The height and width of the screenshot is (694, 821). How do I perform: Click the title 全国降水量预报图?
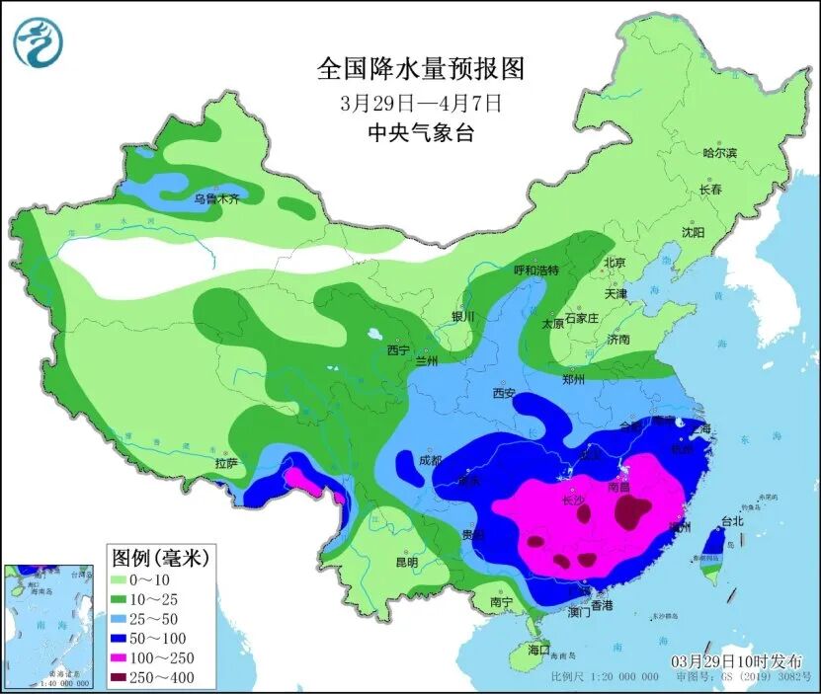coord(420,68)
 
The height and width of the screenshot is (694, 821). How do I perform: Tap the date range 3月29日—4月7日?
coord(420,102)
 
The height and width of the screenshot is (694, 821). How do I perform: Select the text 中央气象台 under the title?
coord(420,133)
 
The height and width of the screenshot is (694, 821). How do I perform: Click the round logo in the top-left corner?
coord(39,42)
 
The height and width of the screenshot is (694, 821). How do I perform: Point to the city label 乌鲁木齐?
coord(216,198)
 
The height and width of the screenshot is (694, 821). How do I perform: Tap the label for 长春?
coord(710,189)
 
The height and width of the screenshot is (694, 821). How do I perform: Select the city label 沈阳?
coord(693,233)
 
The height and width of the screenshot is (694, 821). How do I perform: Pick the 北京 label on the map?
coord(615,263)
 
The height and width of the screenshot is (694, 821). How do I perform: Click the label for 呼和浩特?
coord(536,270)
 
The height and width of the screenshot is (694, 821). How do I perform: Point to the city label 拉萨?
coord(225,462)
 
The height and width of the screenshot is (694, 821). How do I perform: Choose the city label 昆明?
coord(406,562)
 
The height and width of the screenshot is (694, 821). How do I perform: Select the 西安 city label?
coord(504,393)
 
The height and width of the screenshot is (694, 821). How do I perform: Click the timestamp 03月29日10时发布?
coord(736,660)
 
